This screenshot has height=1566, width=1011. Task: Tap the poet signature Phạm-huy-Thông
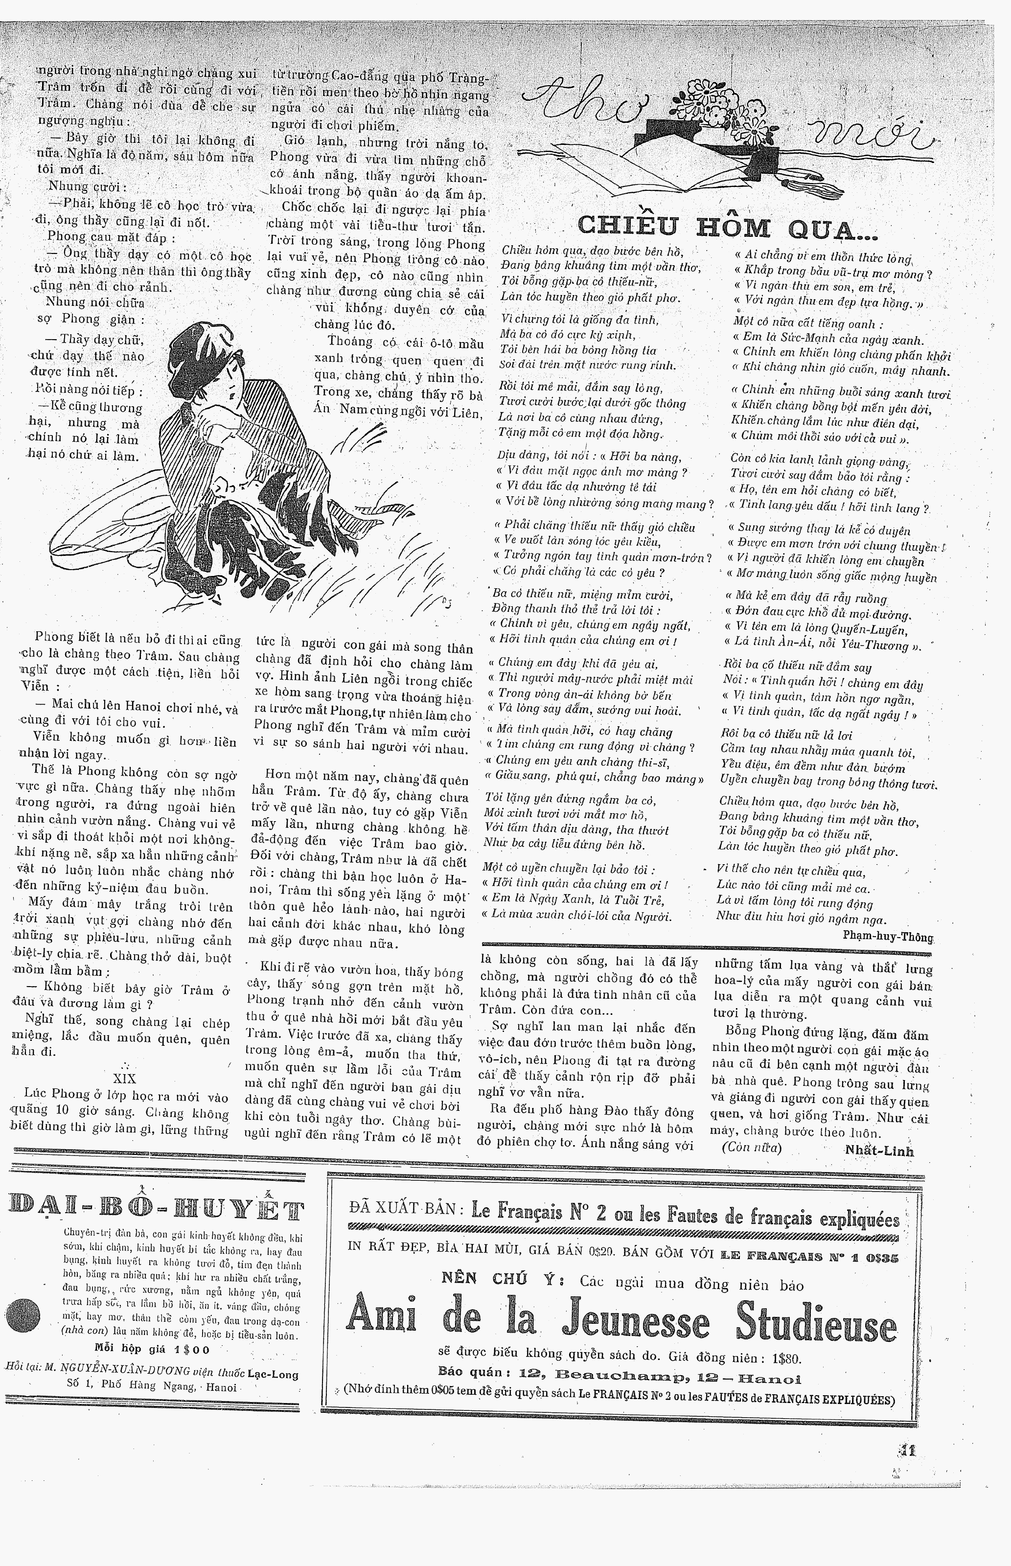click(888, 937)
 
